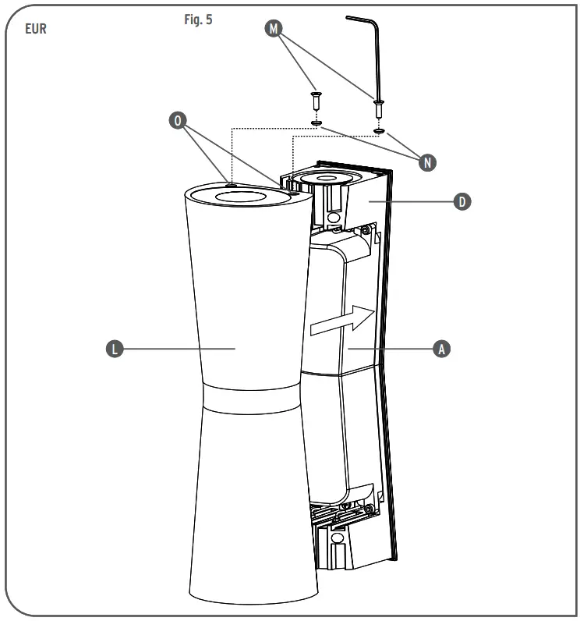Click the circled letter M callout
[x=272, y=28]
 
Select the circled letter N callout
[x=426, y=162]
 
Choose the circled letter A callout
[x=441, y=349]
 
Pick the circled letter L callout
[x=114, y=349]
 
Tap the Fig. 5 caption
[x=198, y=20]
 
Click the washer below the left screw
[x=315, y=122]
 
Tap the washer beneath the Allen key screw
[x=379, y=130]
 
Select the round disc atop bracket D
[x=331, y=178]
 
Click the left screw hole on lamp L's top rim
[x=232, y=185]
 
